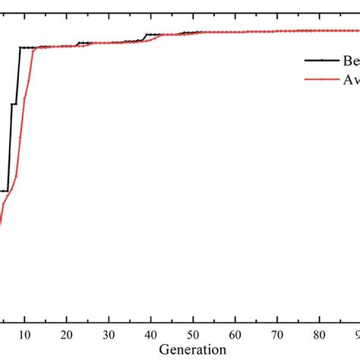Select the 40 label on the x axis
[151, 335]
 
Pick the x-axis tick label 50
[193, 335]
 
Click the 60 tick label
[235, 335]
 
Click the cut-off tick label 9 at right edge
[356, 335]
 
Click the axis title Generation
[193, 349]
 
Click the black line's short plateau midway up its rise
[14, 104]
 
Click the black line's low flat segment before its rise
[4, 191]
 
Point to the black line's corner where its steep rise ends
[21, 47]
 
